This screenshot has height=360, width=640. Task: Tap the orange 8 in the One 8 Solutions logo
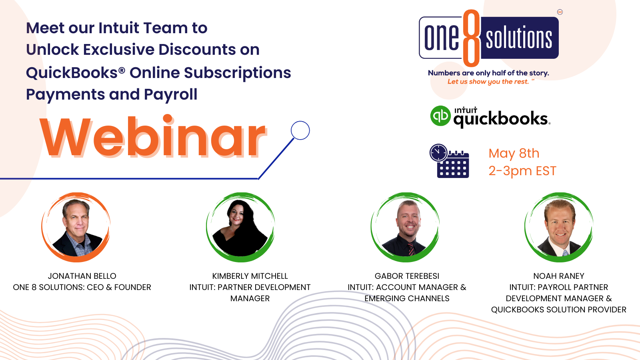point(472,38)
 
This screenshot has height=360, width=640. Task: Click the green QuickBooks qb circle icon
point(440,116)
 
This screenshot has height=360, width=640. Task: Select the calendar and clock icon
point(450,161)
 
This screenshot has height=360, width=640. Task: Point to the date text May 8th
point(514,153)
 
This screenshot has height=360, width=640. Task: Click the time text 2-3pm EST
point(522,171)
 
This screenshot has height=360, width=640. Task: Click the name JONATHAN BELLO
point(82,276)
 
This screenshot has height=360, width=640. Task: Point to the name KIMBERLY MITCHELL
point(250,276)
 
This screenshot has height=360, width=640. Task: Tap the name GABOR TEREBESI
point(407,276)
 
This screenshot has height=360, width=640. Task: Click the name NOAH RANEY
point(558,276)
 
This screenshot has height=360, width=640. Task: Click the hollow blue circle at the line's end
point(300,130)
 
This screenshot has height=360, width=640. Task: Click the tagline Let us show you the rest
point(488,82)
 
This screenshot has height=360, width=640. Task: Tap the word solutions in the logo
point(519,38)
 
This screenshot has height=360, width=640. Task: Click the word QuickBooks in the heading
point(72,73)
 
